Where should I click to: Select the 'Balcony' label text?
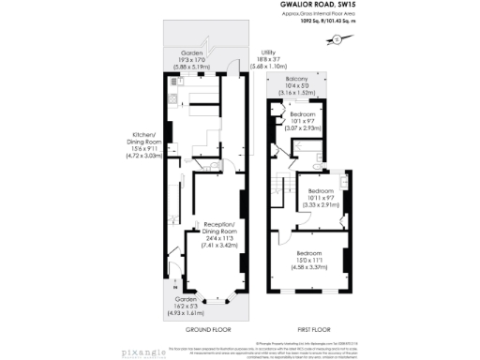click(x=302, y=82)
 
